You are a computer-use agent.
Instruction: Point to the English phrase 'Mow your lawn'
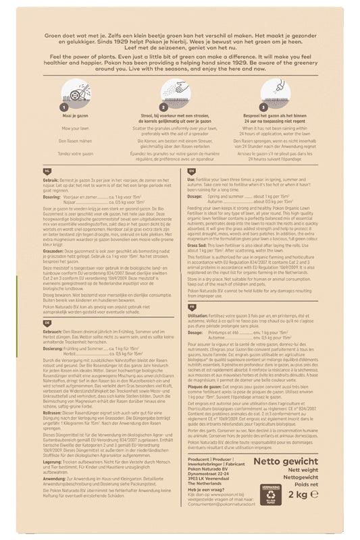[x=75, y=128]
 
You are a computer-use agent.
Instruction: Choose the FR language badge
[x=192, y=325]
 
